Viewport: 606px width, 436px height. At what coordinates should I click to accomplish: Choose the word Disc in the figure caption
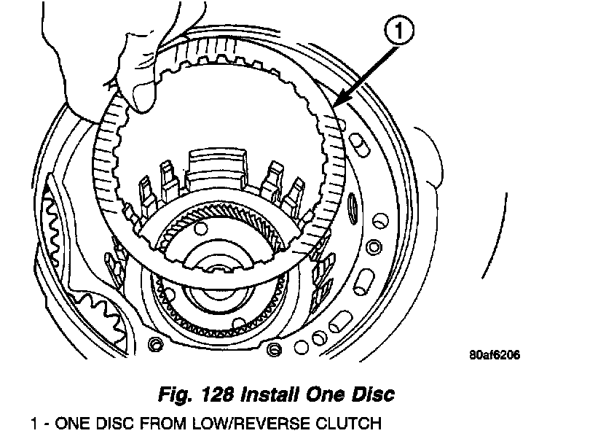point(372,395)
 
